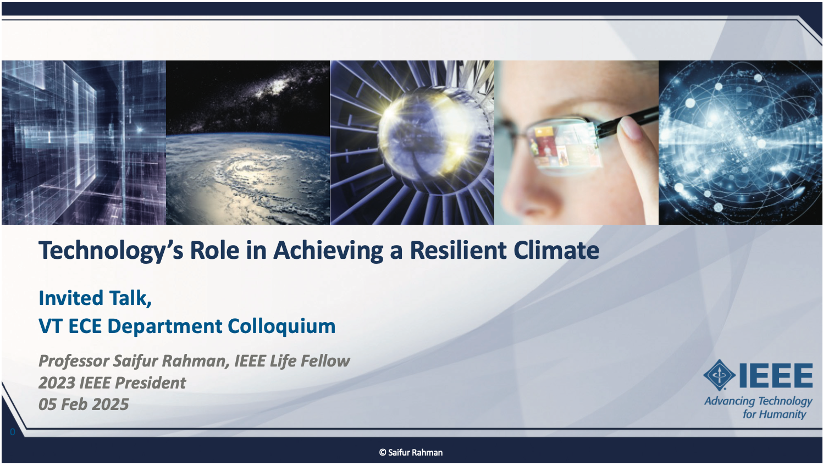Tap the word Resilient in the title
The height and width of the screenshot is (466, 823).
point(458,251)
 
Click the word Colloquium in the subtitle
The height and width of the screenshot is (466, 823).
point(281,326)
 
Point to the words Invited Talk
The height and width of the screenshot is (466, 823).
point(95,298)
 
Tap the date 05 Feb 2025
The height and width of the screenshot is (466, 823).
point(84,404)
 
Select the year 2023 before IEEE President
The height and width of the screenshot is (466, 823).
point(57,382)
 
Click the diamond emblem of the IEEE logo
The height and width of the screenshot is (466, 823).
point(719,375)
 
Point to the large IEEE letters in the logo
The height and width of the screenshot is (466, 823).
point(776,375)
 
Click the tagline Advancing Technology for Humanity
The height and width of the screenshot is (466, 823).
point(758,408)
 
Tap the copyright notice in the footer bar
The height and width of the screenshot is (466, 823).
point(411,452)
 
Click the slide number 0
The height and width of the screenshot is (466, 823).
point(13,432)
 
